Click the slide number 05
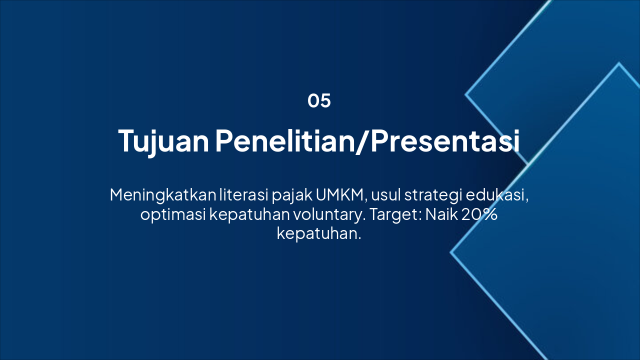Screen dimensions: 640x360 point(319,100)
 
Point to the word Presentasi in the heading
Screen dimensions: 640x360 point(445,140)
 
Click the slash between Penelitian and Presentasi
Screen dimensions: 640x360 point(362,141)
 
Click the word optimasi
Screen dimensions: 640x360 point(173,215)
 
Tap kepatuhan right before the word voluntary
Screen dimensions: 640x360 point(249,215)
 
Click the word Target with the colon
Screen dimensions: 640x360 point(395,215)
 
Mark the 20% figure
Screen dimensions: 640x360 point(479,214)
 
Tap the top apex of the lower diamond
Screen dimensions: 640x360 point(619,63)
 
